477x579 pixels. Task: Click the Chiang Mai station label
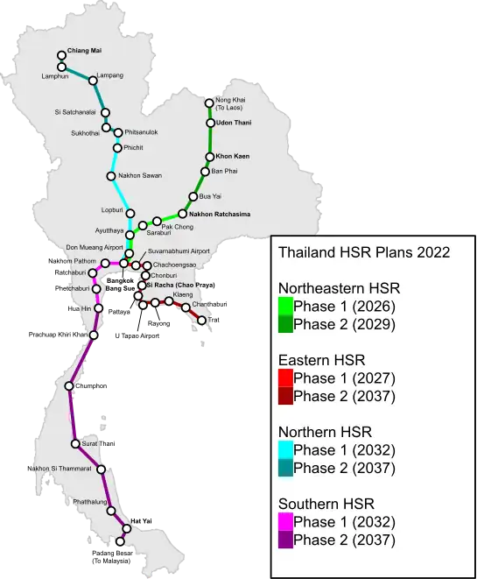(84, 51)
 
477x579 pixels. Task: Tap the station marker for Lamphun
(62, 67)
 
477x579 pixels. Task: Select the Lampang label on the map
(110, 76)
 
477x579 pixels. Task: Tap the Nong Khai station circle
(209, 102)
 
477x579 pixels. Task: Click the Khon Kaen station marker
(209, 157)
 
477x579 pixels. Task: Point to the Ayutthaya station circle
(129, 235)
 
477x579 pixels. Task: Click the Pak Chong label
(178, 227)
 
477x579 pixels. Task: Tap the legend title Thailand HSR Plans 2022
(364, 252)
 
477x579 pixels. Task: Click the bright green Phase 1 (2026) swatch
(285, 307)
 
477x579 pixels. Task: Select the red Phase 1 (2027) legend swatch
(285, 378)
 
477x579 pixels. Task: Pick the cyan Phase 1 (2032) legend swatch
(285, 450)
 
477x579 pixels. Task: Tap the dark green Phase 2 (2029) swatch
(285, 324)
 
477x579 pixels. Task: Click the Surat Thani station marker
(76, 444)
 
